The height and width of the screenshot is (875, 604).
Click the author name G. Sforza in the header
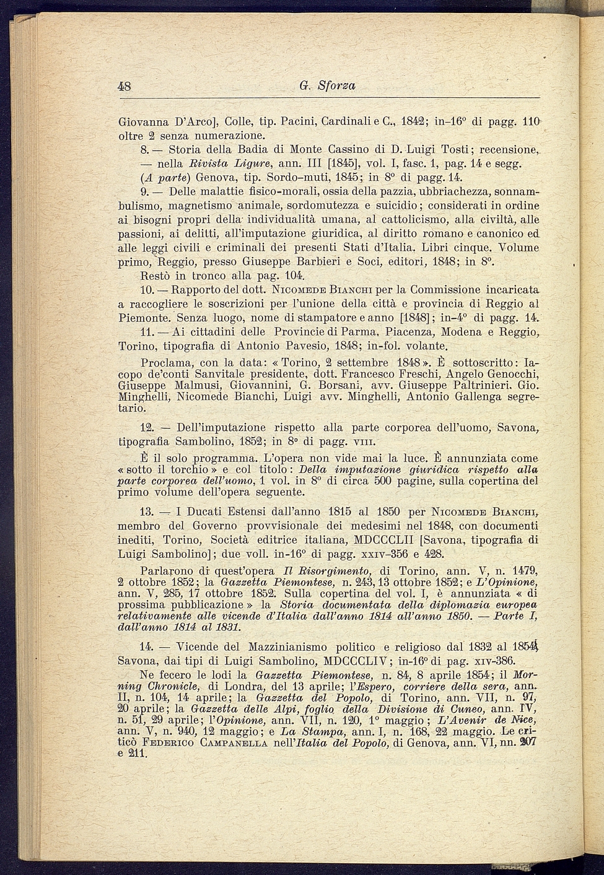pos(327,86)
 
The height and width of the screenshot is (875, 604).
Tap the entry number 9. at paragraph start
pos(146,192)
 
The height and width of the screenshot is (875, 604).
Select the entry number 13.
pos(147,512)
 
